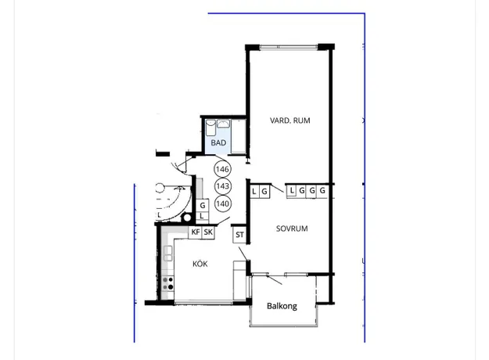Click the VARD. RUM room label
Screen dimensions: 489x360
(290, 121)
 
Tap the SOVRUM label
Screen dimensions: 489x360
(292, 229)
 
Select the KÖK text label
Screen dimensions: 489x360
(200, 264)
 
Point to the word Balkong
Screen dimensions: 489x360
(282, 306)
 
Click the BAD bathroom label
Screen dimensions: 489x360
(218, 143)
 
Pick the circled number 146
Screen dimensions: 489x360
(222, 169)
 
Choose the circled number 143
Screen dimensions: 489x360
(222, 186)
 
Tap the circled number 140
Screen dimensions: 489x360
(222, 203)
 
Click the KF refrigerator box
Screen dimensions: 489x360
(196, 232)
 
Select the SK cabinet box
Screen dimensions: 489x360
(208, 232)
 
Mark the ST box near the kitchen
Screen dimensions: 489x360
(239, 235)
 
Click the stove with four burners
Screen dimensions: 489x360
(168, 283)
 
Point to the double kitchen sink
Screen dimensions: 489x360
(167, 253)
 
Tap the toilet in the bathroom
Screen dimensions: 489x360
(210, 127)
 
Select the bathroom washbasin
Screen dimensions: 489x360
(223, 124)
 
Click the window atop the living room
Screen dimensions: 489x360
(289, 47)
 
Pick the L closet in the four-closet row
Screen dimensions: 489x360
(291, 190)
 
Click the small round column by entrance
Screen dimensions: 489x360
(187, 218)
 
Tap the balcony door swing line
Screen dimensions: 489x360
(275, 280)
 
